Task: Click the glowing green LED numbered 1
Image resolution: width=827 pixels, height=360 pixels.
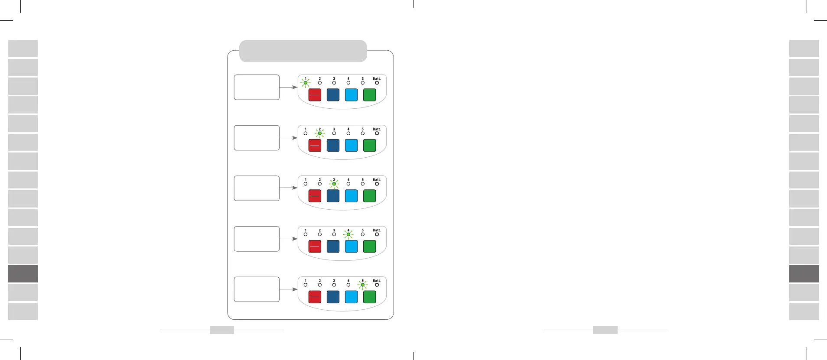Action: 306,83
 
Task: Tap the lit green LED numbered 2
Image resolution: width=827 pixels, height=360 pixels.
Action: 320,133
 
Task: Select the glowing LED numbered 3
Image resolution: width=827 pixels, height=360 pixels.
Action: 334,184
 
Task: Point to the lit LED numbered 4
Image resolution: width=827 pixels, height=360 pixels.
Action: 348,234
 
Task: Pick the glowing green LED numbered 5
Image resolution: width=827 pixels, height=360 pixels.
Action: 363,285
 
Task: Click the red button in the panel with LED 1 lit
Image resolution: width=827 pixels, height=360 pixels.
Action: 315,95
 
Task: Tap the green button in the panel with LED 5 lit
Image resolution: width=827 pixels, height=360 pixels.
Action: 369,297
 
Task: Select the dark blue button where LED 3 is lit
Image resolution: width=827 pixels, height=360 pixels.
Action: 333,196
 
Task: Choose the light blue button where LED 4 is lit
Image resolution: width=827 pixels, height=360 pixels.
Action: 351,246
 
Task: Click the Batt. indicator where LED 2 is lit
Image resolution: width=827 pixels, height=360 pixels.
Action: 377,133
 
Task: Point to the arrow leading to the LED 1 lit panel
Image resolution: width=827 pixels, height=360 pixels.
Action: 288,87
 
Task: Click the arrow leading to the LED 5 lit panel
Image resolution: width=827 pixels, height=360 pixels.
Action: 288,289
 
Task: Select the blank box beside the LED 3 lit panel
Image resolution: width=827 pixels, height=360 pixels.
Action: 257,188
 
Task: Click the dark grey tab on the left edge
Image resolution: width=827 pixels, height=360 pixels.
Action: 23,274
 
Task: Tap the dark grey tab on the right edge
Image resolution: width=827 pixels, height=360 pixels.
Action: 804,274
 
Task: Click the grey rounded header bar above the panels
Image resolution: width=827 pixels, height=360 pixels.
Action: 303,51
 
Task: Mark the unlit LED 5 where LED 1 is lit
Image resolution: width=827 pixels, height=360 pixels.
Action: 363,83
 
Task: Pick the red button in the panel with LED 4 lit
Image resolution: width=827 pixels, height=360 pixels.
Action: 315,246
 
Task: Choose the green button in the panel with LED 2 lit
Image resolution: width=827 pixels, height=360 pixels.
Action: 369,145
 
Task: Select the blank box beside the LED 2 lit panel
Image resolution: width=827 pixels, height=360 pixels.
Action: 257,138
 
